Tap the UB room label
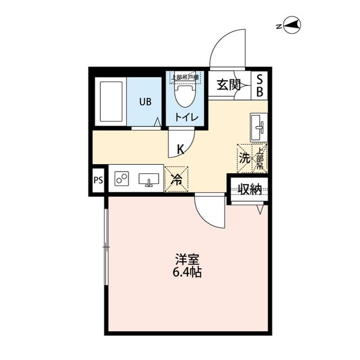[x=146, y=102]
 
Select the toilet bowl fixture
[x=184, y=96]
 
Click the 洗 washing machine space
[x=245, y=158]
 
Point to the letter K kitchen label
[x=181, y=149]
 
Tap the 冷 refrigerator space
[x=176, y=180]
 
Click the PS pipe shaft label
[x=98, y=181]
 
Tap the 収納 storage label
[x=249, y=189]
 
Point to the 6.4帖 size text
[x=187, y=273]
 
